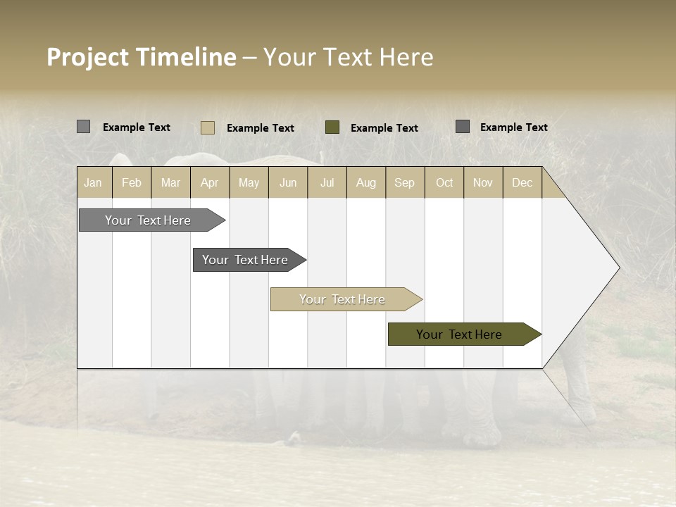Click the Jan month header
pyautogui.click(x=93, y=183)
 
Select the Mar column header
pyautogui.click(x=170, y=183)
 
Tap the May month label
pyautogui.click(x=249, y=183)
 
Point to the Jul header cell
pyautogui.click(x=327, y=183)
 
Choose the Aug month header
pyautogui.click(x=365, y=183)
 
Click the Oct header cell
pyautogui.click(x=444, y=183)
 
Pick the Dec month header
pyautogui.click(x=522, y=183)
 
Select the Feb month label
pyautogui.click(x=132, y=183)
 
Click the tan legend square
pyautogui.click(x=208, y=127)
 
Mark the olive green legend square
pyautogui.click(x=332, y=127)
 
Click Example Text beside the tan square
pyautogui.click(x=261, y=128)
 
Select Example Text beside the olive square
pyautogui.click(x=384, y=128)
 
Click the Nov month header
pyautogui.click(x=483, y=183)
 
